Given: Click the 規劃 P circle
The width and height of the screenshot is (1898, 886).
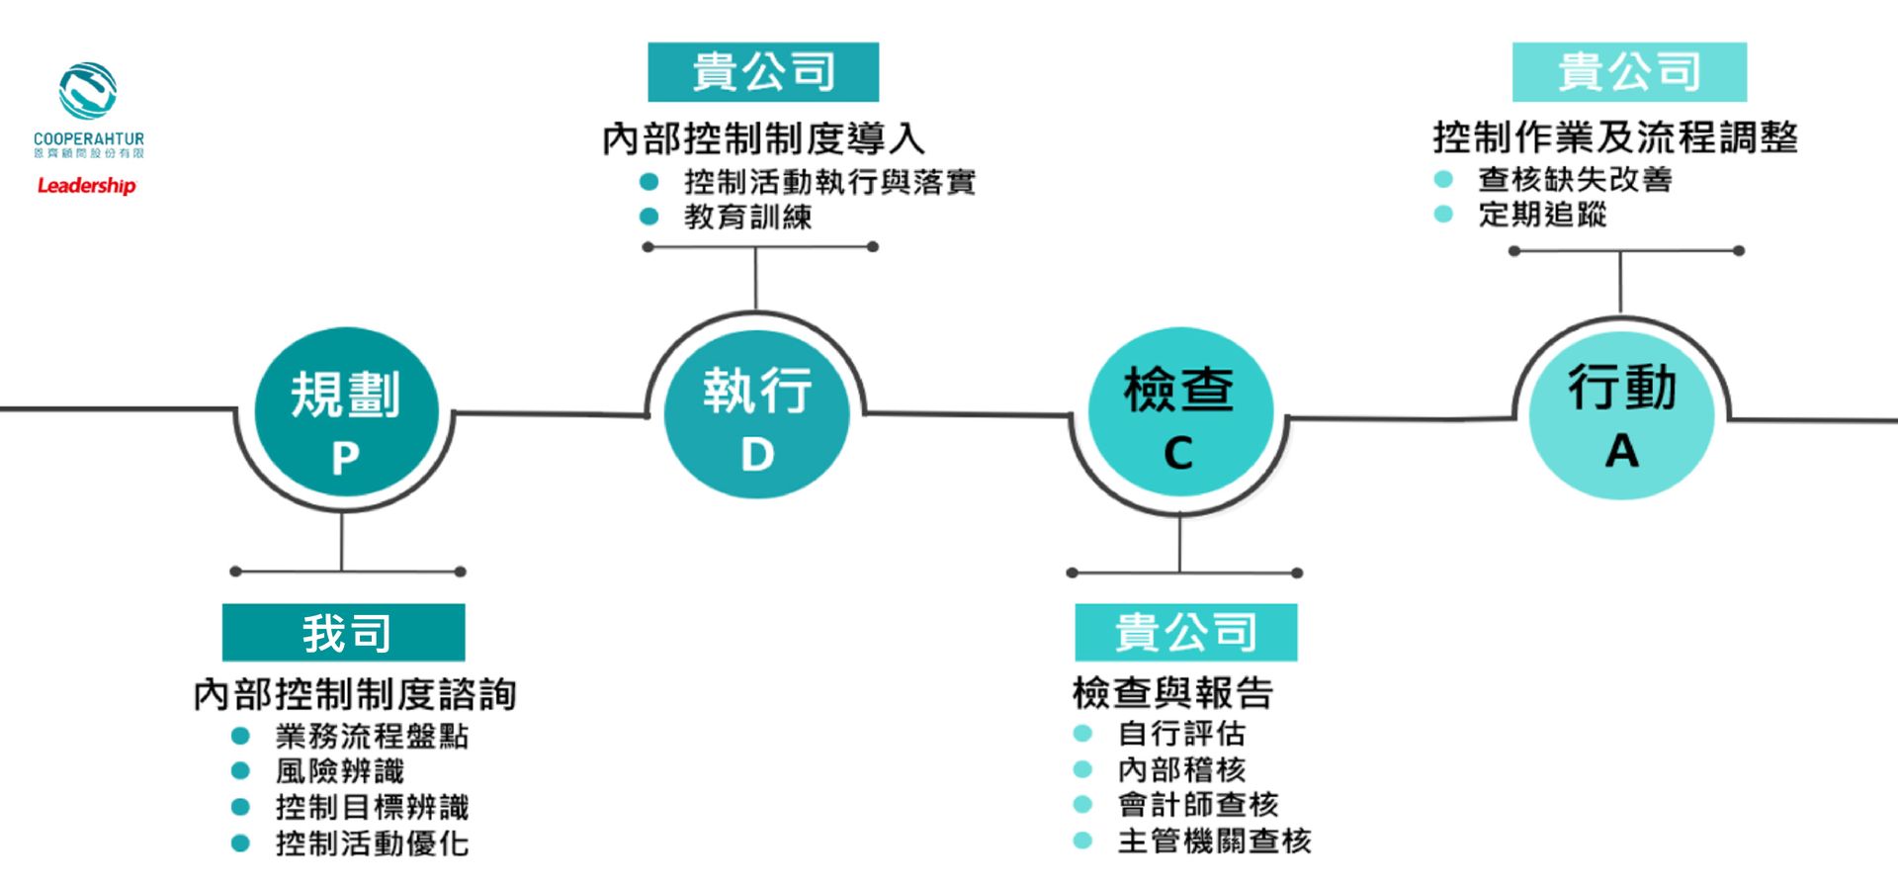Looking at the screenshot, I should point(345,413).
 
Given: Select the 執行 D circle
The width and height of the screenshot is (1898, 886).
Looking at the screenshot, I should point(756,413).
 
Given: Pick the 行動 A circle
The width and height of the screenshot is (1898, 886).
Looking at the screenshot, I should point(1621,413).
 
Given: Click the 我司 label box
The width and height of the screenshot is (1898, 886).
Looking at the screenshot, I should point(343,633).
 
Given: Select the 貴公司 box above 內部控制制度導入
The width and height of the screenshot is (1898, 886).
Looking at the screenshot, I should point(763,72).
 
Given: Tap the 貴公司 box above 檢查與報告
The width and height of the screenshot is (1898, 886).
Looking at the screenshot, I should point(1185,633).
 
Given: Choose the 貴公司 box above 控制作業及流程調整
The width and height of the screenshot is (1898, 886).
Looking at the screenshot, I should point(1629,72).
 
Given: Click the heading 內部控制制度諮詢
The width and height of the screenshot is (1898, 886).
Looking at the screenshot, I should point(355,694).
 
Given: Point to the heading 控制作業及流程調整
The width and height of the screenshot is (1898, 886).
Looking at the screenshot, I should point(1615,137).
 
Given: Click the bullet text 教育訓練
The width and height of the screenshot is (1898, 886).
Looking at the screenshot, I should point(748,217).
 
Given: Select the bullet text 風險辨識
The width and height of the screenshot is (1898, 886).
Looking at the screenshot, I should point(340,771).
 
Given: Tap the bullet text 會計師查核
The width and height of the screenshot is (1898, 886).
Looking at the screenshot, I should point(1198,805).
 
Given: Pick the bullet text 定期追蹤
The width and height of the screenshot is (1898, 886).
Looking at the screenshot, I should point(1542,214).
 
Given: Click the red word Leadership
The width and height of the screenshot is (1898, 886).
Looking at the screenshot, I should point(86,185).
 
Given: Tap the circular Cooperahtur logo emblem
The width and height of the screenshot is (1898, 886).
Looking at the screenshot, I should point(88,91).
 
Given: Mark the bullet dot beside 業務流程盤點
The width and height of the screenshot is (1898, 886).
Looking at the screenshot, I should point(240,736).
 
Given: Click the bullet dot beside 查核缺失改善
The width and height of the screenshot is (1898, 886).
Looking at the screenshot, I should point(1443,179).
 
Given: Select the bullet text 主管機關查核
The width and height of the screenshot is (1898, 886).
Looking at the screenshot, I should point(1214,842).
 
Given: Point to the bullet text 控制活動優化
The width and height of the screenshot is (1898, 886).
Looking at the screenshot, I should point(372,843).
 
